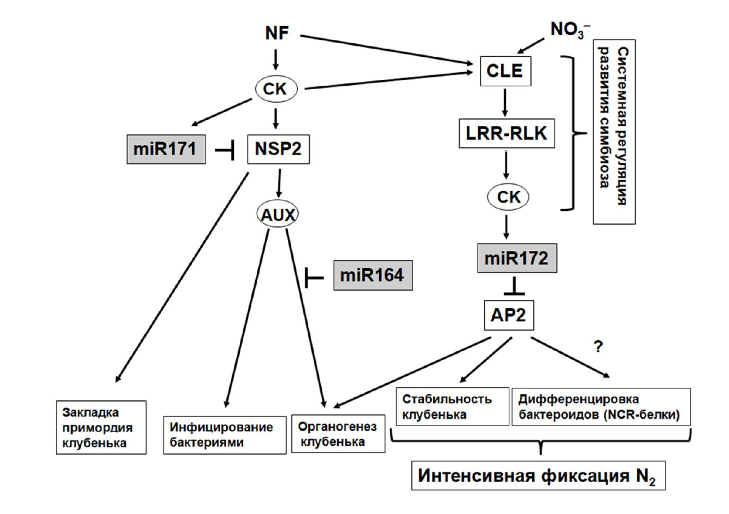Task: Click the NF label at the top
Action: click(277, 33)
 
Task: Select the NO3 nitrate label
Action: click(569, 29)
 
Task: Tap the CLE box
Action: click(504, 70)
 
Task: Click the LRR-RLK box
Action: click(506, 133)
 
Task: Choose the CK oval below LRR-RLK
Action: click(508, 197)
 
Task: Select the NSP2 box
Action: click(278, 149)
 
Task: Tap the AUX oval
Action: click(277, 215)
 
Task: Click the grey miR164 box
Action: click(373, 275)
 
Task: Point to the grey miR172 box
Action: click(515, 257)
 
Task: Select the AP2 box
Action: click(508, 315)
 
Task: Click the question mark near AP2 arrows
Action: click(598, 347)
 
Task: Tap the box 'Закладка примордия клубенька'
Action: click(101, 428)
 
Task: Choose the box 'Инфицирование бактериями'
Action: click(225, 435)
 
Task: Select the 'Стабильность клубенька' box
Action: click(452, 407)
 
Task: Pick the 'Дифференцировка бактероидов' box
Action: click(601, 407)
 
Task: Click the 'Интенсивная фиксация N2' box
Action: click(539, 476)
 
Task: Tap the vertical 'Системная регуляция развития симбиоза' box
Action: click(614, 132)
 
